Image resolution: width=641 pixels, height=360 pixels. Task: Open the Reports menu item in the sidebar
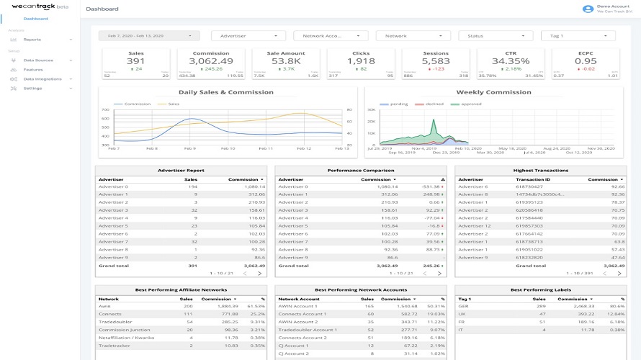pos(32,40)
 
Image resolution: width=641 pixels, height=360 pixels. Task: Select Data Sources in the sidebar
pos(37,60)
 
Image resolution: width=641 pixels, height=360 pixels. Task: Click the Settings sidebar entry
pos(32,88)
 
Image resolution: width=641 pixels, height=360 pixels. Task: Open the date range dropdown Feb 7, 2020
pos(149,35)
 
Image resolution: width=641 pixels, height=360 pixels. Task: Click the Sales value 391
pos(135,62)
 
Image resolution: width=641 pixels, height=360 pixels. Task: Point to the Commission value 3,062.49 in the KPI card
pos(211,62)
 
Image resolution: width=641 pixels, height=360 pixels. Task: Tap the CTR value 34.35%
pos(511,62)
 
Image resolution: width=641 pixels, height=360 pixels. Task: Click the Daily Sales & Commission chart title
pos(226,92)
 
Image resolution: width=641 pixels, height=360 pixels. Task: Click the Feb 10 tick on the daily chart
pos(227,148)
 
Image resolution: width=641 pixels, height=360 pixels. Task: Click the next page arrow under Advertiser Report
pos(259,274)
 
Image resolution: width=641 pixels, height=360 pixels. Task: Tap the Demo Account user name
pos(608,6)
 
